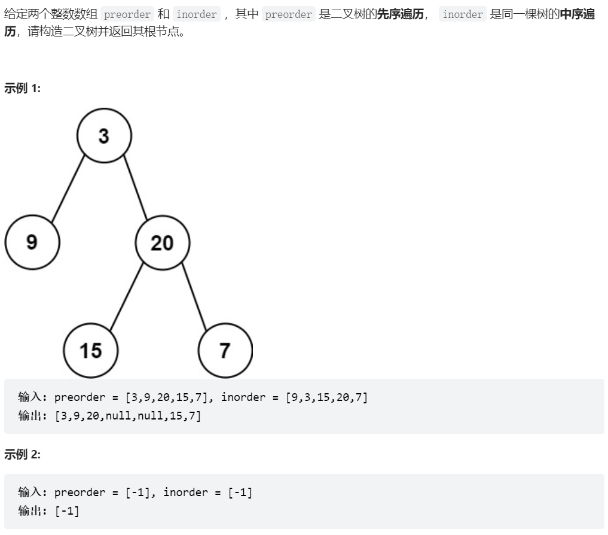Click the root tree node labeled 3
tap(104, 135)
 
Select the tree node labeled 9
tap(32, 242)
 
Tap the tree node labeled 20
tap(163, 242)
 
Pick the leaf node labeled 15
tap(91, 350)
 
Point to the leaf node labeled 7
tap(225, 350)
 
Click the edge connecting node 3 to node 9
tap(68, 189)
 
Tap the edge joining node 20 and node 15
tap(127, 297)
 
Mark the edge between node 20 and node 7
tap(194, 297)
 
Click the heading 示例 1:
tap(22, 89)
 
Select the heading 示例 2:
tap(22, 454)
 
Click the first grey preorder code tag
tap(127, 14)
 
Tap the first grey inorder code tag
tap(197, 14)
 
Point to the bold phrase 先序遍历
tap(400, 14)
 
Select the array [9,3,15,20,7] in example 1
tap(326, 397)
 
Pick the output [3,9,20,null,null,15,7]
tap(128, 416)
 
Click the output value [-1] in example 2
tap(67, 511)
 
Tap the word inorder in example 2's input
tap(186, 493)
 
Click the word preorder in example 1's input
tap(80, 397)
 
